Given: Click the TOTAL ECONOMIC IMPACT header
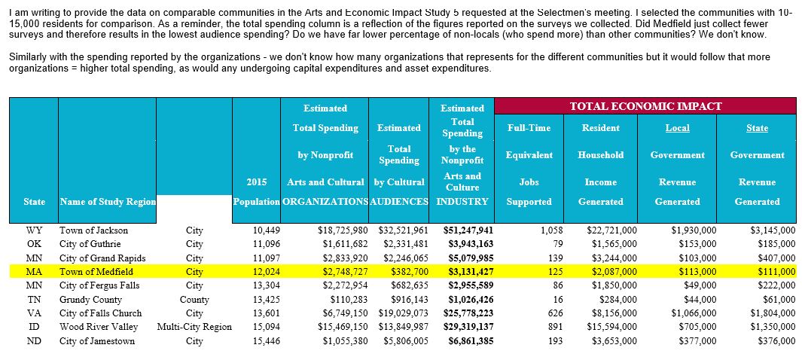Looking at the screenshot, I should [x=645, y=106].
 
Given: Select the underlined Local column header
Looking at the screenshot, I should [x=677, y=128].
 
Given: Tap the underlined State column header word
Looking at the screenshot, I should [x=757, y=128].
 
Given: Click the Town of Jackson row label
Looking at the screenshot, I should [x=93, y=230].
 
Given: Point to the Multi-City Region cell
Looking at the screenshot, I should [x=194, y=327].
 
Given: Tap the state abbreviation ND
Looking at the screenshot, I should [x=34, y=341].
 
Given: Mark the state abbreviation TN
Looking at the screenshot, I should [x=34, y=300].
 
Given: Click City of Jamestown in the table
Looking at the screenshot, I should [x=97, y=341].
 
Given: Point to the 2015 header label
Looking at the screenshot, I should [x=257, y=182].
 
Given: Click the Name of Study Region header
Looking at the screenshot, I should [x=107, y=202].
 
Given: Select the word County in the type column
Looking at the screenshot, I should [x=194, y=300].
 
